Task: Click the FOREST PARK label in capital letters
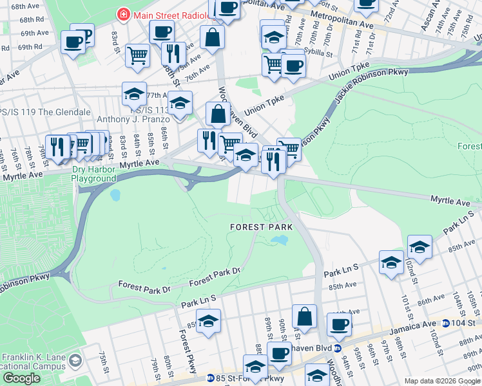[261, 227]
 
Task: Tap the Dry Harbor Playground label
[93, 174]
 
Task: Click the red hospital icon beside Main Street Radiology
[121, 14]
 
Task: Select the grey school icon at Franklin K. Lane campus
[76, 358]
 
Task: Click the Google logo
[21, 378]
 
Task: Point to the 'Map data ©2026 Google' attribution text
[441, 381]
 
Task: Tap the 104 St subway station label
[463, 323]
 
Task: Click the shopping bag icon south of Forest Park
[304, 317]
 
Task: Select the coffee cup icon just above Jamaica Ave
[339, 324]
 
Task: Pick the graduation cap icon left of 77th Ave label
[134, 94]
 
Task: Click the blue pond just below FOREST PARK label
[279, 240]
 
